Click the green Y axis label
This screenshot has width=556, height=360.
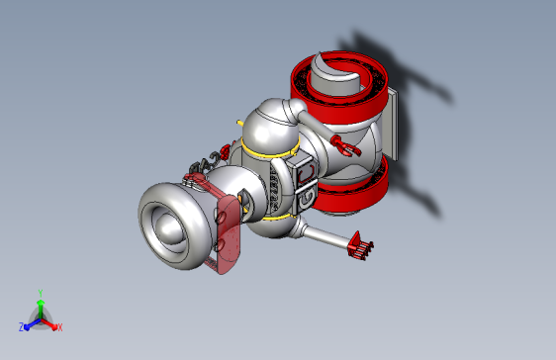(40, 293)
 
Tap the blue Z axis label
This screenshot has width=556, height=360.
(22, 326)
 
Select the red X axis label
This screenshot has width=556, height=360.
(59, 327)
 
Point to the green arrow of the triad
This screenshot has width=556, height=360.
(40, 306)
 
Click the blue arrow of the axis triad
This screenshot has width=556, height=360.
(31, 323)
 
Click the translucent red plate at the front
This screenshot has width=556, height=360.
(229, 232)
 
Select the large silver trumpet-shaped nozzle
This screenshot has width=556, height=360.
(174, 223)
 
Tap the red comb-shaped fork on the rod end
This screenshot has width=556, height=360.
(361, 246)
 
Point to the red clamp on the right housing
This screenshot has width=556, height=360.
(346, 147)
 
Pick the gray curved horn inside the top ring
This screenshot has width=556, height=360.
(334, 74)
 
